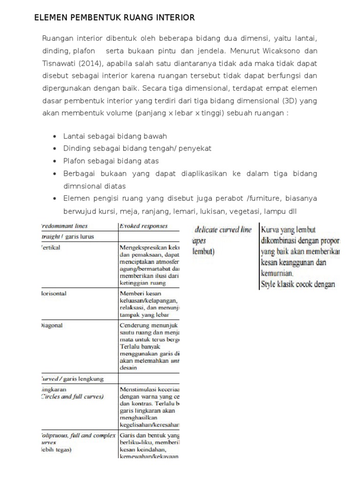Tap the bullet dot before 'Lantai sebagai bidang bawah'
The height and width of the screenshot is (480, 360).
coord(55,136)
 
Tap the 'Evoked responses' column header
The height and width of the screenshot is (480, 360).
coord(143,225)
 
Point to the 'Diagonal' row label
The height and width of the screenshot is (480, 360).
coord(51,324)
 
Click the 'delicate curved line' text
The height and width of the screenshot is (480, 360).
coord(223,230)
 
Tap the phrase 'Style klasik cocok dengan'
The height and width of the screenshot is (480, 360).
coord(297,284)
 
